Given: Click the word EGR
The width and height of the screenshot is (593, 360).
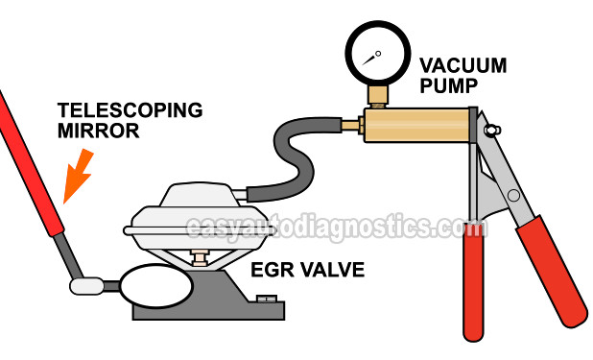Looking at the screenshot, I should point(273,271).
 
